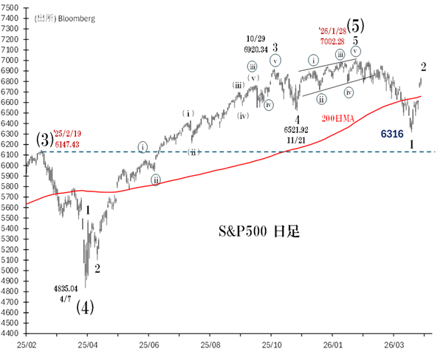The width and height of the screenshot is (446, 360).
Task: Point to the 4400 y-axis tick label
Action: coord(13,333)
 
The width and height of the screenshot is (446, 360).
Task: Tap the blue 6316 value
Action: coord(392,134)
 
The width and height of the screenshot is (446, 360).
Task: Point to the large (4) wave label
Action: coord(85,307)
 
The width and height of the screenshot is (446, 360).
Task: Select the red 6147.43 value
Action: coord(65,146)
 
